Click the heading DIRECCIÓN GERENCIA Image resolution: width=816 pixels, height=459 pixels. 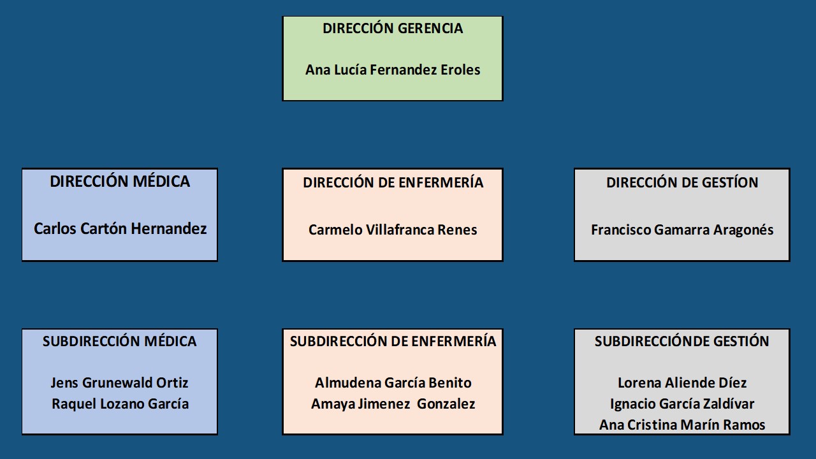(393, 29)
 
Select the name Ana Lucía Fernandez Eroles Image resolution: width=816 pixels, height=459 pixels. (393, 70)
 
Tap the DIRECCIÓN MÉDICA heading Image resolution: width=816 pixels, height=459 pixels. (120, 182)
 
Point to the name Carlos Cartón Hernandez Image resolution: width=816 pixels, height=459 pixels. (120, 229)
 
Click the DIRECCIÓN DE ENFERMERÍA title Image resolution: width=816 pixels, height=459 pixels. (393, 183)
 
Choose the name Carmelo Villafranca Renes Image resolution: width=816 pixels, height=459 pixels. (393, 230)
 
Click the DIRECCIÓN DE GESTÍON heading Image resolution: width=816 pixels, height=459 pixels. (682, 183)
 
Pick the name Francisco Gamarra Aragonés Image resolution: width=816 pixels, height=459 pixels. (682, 230)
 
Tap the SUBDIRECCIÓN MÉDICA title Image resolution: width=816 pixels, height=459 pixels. (120, 342)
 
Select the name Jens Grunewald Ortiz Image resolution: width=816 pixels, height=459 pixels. (120, 383)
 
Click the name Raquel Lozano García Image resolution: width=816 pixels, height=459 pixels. (120, 404)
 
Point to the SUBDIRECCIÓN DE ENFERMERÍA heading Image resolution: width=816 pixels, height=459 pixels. (393, 342)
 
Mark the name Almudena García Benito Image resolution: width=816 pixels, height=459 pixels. (393, 383)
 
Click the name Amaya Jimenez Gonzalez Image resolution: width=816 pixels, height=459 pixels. (393, 404)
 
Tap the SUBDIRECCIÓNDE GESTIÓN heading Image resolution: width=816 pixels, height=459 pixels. (682, 342)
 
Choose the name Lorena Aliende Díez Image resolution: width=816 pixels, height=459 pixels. (682, 383)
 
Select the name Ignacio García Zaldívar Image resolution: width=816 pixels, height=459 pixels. (682, 404)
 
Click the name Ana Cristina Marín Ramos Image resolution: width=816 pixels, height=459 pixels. (682, 425)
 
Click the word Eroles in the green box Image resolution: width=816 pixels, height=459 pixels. (460, 70)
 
